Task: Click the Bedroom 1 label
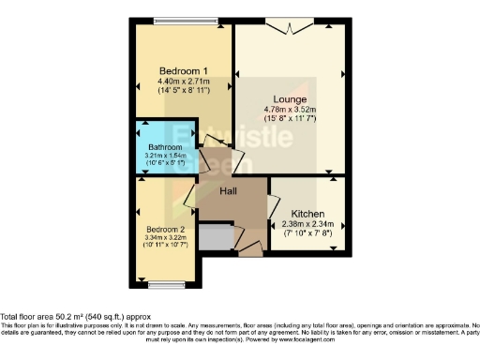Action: [x=182, y=71]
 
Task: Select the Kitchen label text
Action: [x=307, y=213]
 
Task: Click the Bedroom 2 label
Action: [x=166, y=228]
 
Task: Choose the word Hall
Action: [x=229, y=191]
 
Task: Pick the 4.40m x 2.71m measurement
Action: [x=182, y=82]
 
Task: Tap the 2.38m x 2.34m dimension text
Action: [x=307, y=224]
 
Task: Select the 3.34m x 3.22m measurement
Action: [x=166, y=238]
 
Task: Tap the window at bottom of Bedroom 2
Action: [x=166, y=283]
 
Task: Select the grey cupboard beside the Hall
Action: [x=215, y=236]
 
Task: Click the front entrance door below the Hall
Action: [x=249, y=248]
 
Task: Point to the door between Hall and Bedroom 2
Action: [x=190, y=196]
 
